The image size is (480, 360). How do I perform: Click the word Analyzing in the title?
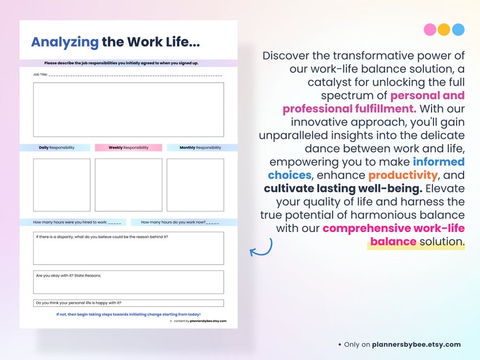(65, 42)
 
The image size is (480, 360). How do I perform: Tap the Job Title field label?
(40, 75)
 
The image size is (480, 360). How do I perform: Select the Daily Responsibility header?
(56, 147)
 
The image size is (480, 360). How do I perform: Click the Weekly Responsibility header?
(128, 147)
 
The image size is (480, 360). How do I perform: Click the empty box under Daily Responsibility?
(62, 185)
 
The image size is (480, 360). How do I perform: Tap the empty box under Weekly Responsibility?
(128, 185)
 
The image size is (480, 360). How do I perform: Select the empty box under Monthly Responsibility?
(195, 185)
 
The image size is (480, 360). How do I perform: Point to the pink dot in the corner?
(430, 30)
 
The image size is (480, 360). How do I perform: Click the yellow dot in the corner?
(444, 30)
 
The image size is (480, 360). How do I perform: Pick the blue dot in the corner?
(458, 30)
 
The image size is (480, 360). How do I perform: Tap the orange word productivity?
(403, 175)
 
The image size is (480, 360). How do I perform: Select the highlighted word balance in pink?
(393, 242)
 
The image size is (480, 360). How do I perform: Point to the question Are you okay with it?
(68, 275)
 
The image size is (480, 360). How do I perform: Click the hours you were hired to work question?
(80, 222)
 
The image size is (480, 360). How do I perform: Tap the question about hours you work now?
(180, 222)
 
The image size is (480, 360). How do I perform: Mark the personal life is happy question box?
(128, 303)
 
